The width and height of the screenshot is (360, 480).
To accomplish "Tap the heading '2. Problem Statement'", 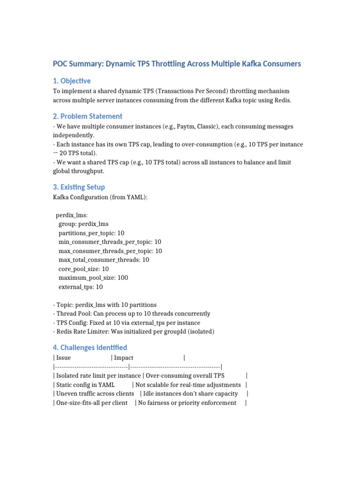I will pyautogui.click(x=88, y=116).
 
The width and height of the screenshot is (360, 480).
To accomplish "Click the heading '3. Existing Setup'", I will pyautogui.click(x=79, y=187).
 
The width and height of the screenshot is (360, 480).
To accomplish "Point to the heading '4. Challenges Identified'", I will pyautogui.click(x=90, y=347).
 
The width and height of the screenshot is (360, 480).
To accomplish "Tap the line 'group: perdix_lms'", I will pyautogui.click(x=83, y=224).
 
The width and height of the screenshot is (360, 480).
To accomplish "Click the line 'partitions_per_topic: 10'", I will pyautogui.click(x=91, y=233).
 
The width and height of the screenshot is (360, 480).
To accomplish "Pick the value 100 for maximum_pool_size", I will pyautogui.click(x=122, y=277).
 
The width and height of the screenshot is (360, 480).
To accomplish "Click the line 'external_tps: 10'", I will pyautogui.click(x=81, y=286).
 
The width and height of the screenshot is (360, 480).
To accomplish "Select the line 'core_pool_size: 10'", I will pyautogui.click(x=83, y=269).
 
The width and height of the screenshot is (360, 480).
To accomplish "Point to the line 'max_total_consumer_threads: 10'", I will pyautogui.click(x=104, y=260).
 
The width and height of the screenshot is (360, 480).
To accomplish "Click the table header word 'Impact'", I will pyautogui.click(x=124, y=358).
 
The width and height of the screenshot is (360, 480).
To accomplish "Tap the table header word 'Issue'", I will pyautogui.click(x=63, y=358).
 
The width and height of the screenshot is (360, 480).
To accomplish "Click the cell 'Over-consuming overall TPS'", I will pyautogui.click(x=185, y=375).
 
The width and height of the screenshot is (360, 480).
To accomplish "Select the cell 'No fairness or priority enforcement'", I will pyautogui.click(x=187, y=403).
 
